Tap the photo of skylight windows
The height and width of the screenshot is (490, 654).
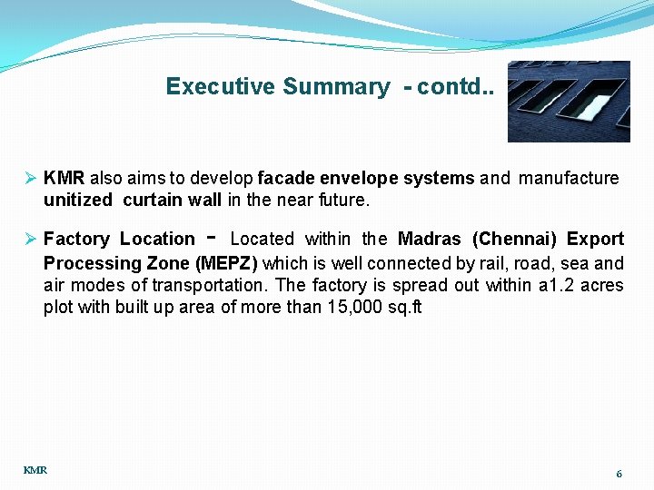point(569,102)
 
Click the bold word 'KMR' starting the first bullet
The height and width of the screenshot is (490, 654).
point(64,178)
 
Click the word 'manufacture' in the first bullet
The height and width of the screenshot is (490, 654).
point(569,178)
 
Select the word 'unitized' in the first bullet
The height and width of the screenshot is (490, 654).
point(77,200)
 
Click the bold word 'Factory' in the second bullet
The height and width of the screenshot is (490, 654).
point(76,240)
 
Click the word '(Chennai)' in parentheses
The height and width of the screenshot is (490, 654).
point(514,240)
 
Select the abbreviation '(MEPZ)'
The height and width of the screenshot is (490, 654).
point(227,263)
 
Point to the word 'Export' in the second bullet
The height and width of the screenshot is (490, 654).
point(595,240)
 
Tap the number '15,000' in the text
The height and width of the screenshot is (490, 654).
point(353,307)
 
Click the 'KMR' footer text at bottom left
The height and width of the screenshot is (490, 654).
point(35,470)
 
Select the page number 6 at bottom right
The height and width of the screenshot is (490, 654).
point(619,474)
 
